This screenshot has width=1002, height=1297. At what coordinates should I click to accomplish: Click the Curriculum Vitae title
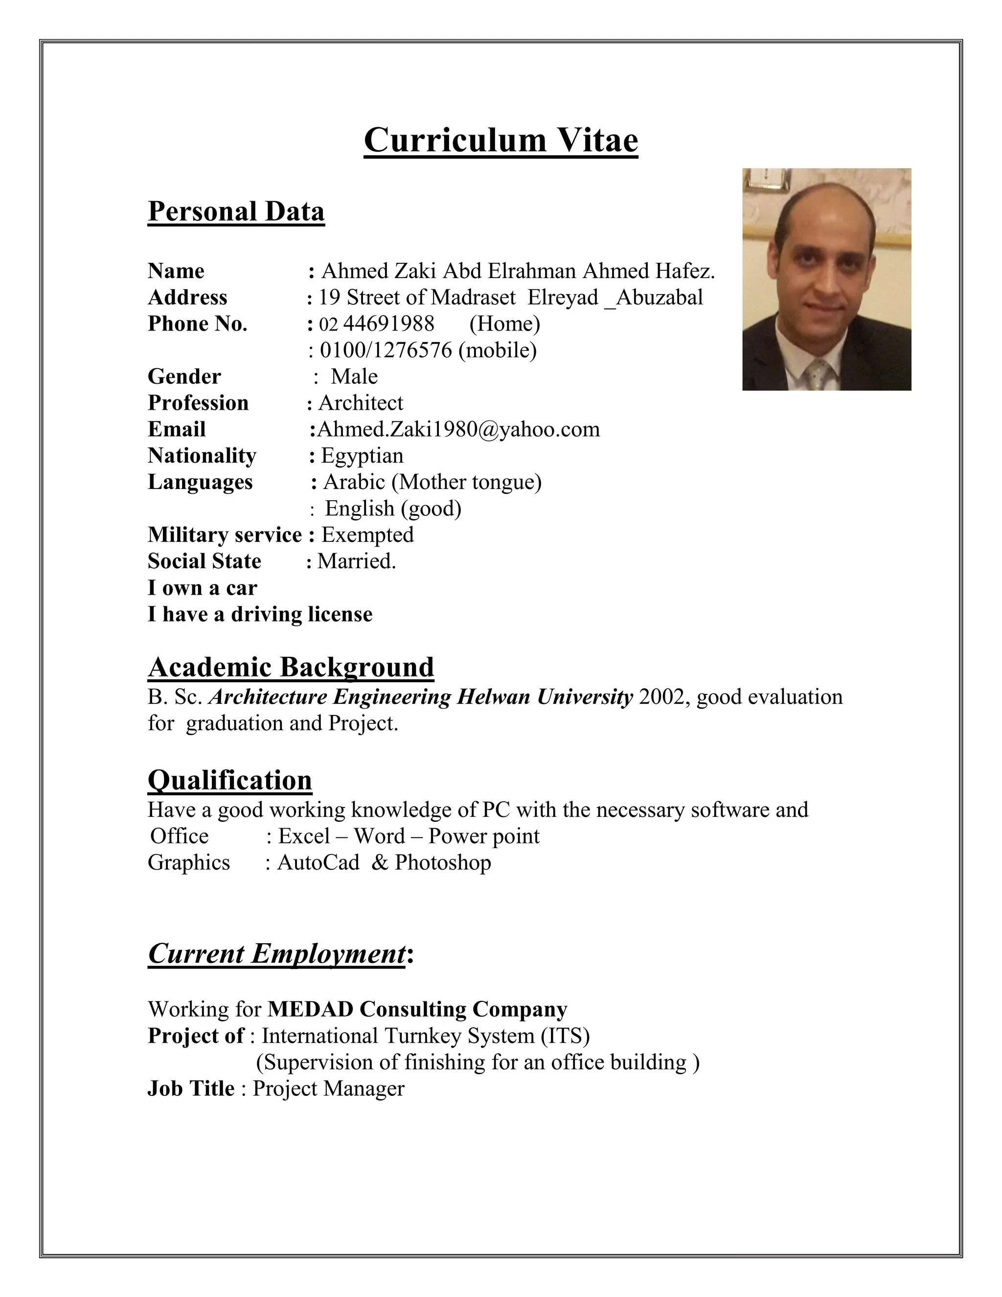[x=501, y=141]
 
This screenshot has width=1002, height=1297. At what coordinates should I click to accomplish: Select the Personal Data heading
[x=236, y=211]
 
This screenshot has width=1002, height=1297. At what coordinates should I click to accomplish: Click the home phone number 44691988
[x=389, y=324]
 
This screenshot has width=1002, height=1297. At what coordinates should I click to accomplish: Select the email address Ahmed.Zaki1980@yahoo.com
[x=458, y=429]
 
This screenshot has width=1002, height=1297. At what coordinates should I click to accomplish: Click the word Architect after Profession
[x=361, y=403]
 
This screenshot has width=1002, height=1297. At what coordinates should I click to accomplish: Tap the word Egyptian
[x=362, y=456]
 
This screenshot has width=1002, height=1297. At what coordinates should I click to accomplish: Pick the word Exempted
[x=367, y=535]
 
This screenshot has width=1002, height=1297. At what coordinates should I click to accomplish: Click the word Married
[x=356, y=561]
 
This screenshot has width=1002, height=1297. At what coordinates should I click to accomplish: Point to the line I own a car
[x=203, y=588]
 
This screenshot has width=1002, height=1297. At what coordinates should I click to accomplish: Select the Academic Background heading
[x=291, y=667]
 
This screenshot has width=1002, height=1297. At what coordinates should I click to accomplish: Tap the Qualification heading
[x=230, y=780]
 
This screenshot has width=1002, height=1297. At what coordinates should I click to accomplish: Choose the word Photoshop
[x=443, y=862]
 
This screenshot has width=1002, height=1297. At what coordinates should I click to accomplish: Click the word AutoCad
[x=318, y=862]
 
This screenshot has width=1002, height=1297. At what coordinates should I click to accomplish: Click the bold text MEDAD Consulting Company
[x=417, y=1009]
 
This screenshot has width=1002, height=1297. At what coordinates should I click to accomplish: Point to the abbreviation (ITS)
[x=565, y=1036]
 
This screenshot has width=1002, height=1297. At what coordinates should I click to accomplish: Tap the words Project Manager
[x=328, y=1089]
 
